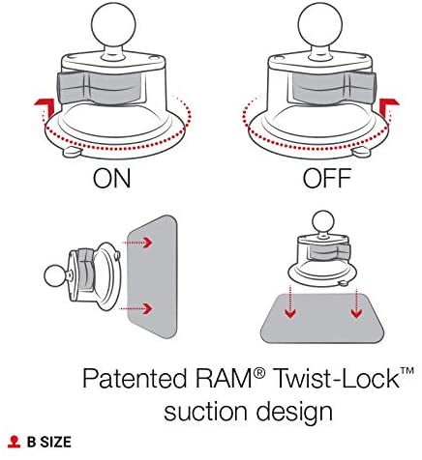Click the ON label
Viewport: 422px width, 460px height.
pos(111,178)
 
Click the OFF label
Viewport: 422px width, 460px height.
pos(327,178)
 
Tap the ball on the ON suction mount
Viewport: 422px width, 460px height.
pos(113,25)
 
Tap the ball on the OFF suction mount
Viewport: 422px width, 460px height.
pos(320,25)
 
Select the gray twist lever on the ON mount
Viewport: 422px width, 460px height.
pos(100,87)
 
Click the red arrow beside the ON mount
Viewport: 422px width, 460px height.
pos(45,107)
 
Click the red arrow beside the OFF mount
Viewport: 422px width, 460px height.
pos(389,107)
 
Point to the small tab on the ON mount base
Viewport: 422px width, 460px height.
pos(72,152)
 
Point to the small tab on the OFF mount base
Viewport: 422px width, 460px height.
pos(361,152)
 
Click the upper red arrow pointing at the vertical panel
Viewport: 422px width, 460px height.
pos(137,243)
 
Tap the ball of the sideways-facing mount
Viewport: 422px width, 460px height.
pos(56,275)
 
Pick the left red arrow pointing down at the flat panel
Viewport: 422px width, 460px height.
pos(290,302)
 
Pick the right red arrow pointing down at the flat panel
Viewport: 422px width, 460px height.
pos(356,303)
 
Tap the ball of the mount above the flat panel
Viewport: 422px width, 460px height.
pos(323,222)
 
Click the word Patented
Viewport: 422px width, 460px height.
pos(135,378)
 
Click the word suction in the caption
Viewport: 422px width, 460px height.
pos(207,412)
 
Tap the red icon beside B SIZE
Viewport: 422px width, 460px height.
pos(14,442)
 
